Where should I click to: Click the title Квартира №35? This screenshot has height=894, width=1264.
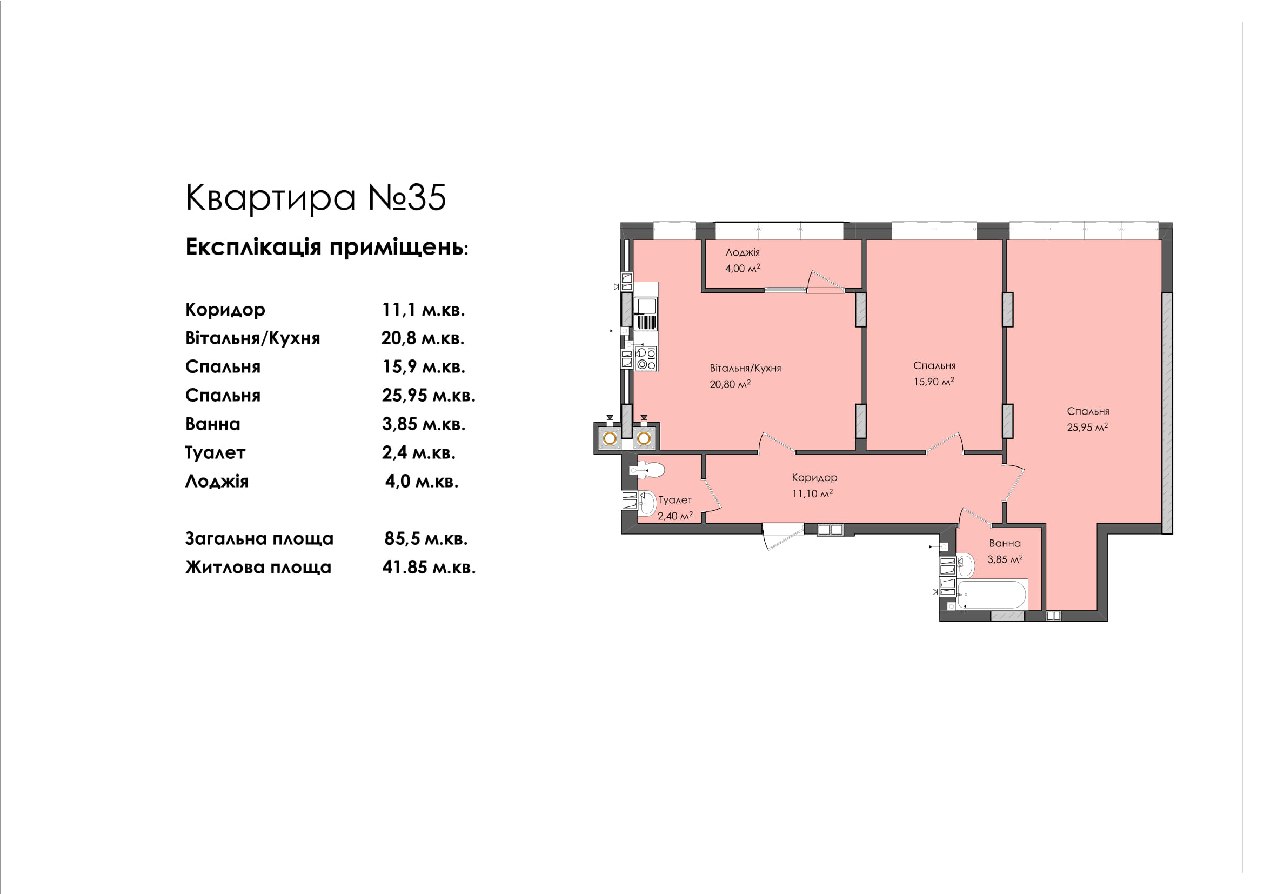[316, 198]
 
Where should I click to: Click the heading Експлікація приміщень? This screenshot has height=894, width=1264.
[326, 247]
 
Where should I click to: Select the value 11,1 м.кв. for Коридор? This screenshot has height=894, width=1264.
[423, 309]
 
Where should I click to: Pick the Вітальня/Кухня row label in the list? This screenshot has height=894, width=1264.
[253, 338]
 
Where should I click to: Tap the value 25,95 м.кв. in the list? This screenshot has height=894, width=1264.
[429, 395]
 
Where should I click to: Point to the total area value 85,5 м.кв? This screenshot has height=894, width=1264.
[425, 538]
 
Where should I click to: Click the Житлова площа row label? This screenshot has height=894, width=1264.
[258, 567]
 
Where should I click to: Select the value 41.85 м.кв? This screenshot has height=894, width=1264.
[429, 567]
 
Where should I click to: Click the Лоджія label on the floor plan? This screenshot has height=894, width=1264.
[743, 252]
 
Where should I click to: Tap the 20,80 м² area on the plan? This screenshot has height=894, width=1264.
[730, 384]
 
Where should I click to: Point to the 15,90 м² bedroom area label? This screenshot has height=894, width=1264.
[934, 382]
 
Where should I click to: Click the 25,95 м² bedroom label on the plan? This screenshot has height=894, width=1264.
[1087, 427]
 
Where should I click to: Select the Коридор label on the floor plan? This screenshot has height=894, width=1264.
[814, 478]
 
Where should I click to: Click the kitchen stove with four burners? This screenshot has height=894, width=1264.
[646, 358]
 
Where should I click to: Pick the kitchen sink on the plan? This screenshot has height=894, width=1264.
[646, 313]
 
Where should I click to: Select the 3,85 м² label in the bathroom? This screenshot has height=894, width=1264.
[1005, 559]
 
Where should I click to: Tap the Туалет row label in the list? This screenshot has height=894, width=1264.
[215, 452]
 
